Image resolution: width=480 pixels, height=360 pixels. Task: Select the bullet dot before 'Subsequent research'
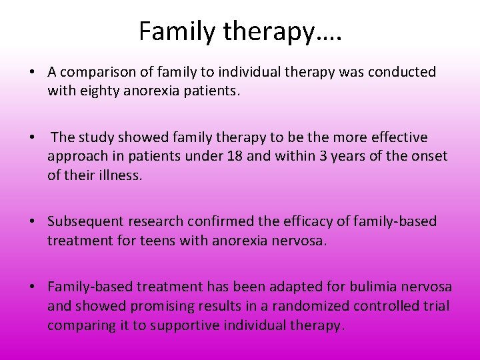(x=33, y=221)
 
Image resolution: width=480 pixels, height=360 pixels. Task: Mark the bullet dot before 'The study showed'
(x=33, y=137)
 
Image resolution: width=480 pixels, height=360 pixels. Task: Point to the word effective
(x=394, y=137)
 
